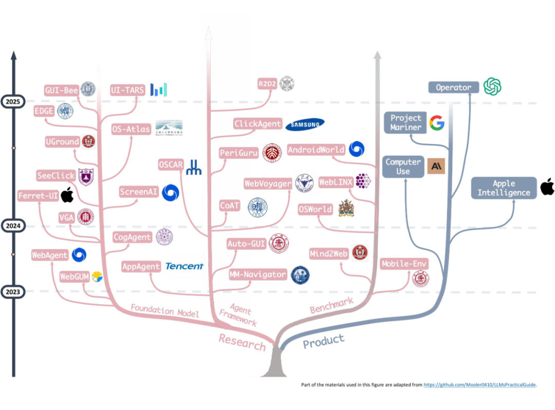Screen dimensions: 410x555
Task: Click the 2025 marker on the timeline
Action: point(13,101)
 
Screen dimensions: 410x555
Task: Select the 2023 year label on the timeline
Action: point(13,292)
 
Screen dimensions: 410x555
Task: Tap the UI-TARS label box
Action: point(127,90)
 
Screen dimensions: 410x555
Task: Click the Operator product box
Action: point(453,87)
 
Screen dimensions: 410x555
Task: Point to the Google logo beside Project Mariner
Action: point(437,123)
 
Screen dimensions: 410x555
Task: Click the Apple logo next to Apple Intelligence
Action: point(547,187)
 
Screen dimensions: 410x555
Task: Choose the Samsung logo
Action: point(305,124)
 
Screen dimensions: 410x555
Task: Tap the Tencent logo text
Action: point(184,266)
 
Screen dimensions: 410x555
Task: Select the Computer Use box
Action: point(403,166)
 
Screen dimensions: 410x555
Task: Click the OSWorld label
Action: point(316,210)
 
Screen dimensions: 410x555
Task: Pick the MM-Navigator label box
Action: point(258,275)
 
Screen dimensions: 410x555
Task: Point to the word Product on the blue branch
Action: point(324,341)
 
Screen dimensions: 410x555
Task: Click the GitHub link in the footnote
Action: point(479,384)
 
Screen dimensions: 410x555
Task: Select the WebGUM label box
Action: point(75,276)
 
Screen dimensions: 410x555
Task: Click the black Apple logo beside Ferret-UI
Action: point(67,195)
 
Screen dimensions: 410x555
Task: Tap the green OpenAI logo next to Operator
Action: point(492,86)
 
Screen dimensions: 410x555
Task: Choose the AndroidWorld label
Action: point(316,150)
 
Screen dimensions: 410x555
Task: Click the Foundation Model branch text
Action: point(164,310)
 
